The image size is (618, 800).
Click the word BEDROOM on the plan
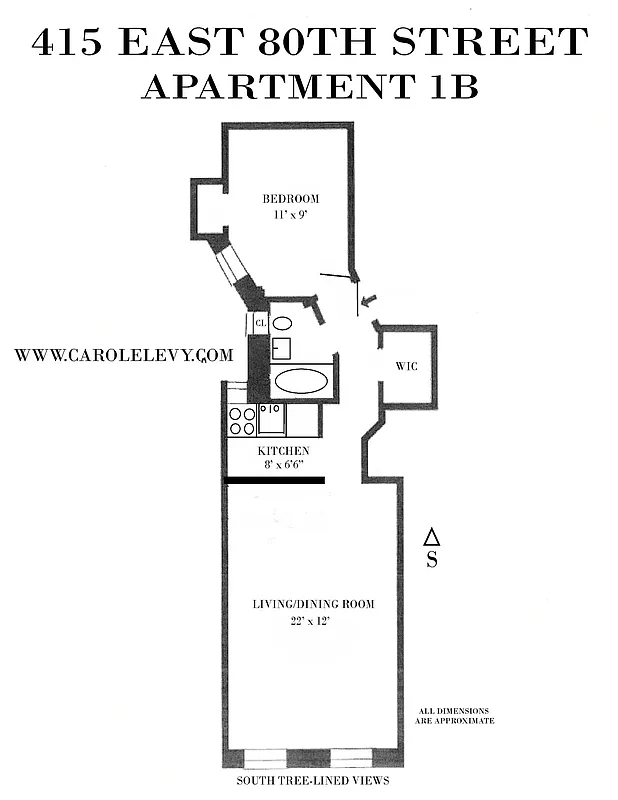291,199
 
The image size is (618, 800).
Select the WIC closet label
407,366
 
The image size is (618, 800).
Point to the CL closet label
260,323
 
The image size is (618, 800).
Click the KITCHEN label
284,451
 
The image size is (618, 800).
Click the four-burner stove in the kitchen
241,420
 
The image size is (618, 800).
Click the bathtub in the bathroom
301,381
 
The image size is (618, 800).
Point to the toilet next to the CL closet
283,324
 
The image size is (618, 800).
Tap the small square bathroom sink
282,348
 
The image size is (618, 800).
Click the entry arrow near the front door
367,299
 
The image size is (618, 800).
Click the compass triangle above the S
431,536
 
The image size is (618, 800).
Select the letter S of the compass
431,560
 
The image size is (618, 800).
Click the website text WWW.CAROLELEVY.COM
124,354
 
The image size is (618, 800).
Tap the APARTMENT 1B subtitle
310,87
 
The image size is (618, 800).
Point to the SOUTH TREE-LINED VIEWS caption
312,780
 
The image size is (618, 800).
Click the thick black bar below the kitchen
275,480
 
